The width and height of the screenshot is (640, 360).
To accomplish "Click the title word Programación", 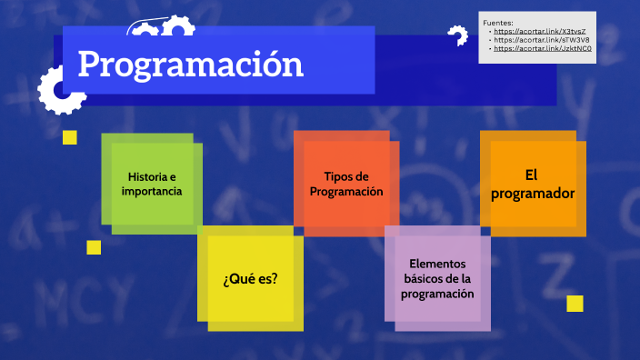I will click(x=190, y=64).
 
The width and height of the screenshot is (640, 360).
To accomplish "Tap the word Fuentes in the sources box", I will click(x=499, y=23).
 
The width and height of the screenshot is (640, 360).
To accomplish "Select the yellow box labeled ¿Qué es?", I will click(x=251, y=279).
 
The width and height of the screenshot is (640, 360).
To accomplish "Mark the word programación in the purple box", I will click(x=437, y=295).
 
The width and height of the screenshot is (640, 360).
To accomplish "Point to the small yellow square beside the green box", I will click(x=69, y=137).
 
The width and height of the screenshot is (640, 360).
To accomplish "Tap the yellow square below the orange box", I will click(x=575, y=304).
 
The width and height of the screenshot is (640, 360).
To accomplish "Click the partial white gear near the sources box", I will click(x=455, y=36).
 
